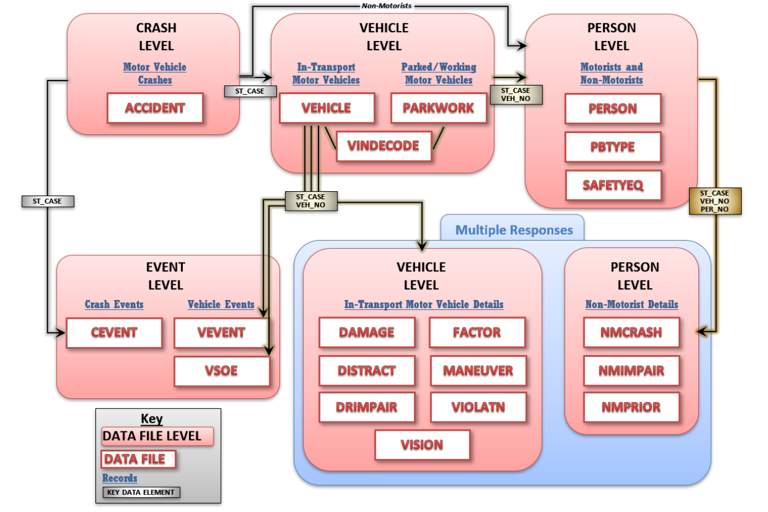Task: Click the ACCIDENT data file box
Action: [155, 108]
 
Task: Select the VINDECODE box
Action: [383, 146]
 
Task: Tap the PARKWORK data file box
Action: [438, 108]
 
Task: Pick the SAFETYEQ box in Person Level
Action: [613, 185]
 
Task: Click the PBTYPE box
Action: [613, 147]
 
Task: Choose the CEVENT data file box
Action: [114, 333]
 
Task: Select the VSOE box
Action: [221, 371]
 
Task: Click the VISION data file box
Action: [422, 445]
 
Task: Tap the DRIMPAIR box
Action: [367, 408]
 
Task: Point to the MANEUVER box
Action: [478, 370]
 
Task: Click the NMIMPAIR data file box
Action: [632, 370]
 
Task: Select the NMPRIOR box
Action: [632, 408]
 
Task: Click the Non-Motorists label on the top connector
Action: [386, 6]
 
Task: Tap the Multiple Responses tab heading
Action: [514, 230]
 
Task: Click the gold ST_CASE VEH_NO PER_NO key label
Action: [714, 201]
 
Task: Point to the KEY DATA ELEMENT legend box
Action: [141, 492]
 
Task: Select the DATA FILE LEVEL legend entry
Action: [157, 436]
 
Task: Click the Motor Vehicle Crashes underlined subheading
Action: [155, 73]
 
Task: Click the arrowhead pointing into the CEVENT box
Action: [61, 333]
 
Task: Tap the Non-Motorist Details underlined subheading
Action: [632, 304]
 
